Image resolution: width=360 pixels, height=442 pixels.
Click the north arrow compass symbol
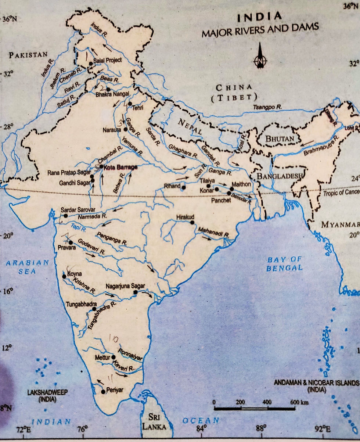(x=260, y=56)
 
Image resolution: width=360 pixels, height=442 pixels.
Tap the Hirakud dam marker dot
(x=192, y=222)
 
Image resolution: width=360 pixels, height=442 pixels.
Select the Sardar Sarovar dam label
(x=77, y=209)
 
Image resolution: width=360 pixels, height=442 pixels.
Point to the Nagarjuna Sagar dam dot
(x=135, y=292)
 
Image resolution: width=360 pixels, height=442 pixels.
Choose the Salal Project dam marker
(x=91, y=64)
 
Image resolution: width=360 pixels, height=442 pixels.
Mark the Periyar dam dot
(x=103, y=392)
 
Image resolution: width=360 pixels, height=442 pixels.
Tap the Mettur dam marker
(x=114, y=357)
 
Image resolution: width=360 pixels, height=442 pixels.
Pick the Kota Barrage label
(x=118, y=168)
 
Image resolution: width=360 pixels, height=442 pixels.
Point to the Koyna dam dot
(x=64, y=277)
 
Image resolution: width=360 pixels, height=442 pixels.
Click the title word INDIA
(x=260, y=17)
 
